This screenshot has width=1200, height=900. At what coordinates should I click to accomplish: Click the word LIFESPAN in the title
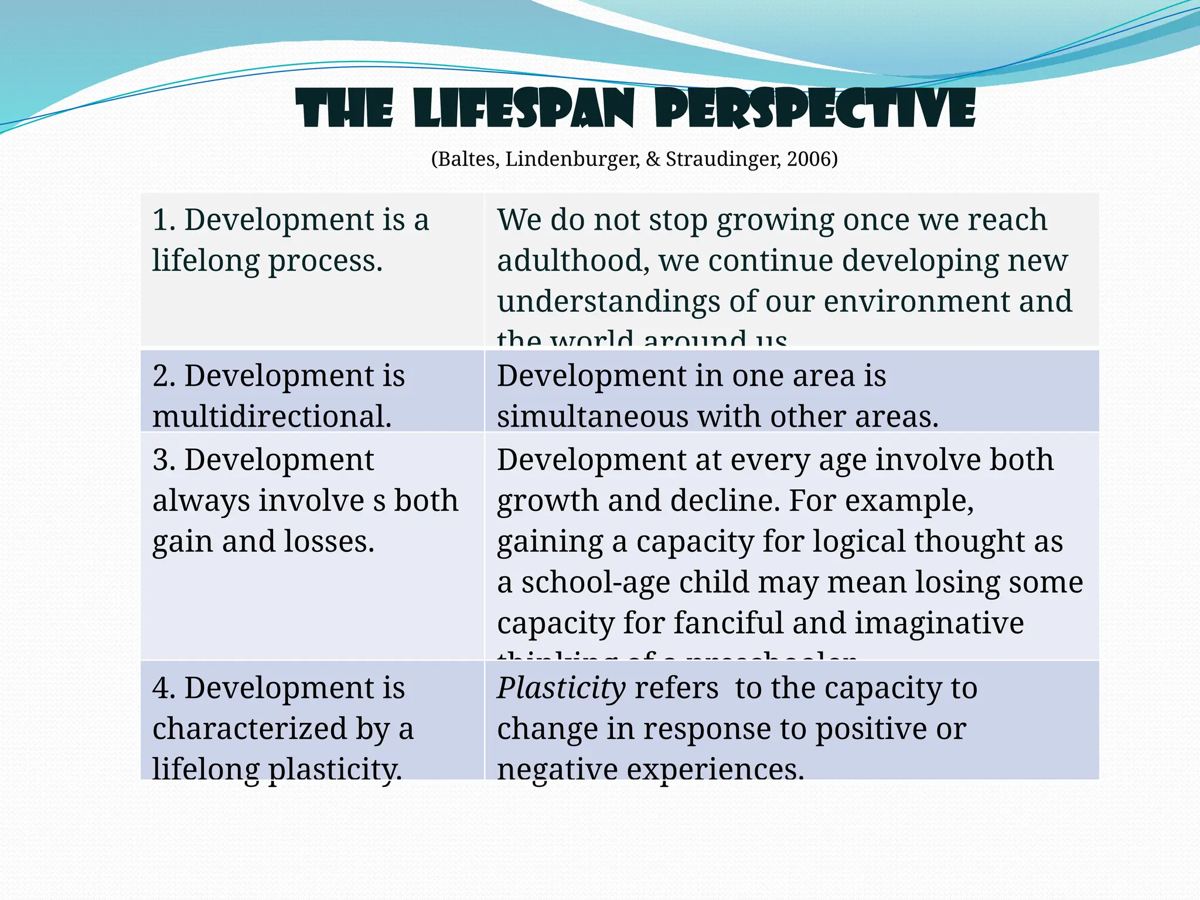coord(523,109)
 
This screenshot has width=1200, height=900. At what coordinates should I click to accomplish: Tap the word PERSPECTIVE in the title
coord(815,109)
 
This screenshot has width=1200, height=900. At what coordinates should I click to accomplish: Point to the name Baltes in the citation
coord(468,159)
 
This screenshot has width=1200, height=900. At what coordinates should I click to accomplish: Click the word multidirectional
coord(271,417)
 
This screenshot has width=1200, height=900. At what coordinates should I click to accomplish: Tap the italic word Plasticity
coord(561,688)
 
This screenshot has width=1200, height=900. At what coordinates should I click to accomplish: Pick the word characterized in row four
coord(250,729)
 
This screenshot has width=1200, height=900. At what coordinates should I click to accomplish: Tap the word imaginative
coord(939,623)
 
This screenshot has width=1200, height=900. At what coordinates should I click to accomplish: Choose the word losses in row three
coord(329,541)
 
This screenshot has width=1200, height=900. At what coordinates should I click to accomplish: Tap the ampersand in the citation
coord(653,159)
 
